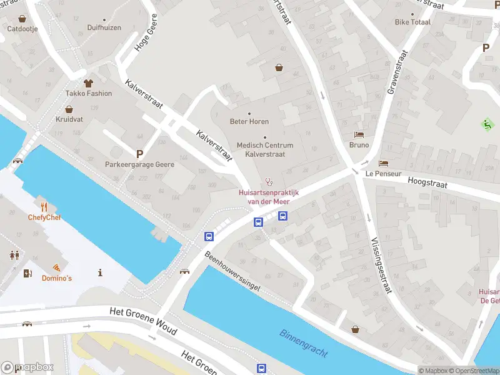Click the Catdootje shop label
pyautogui.click(x=23, y=29)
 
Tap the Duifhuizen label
pyautogui.click(x=104, y=28)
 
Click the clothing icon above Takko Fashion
pyautogui.click(x=89, y=82)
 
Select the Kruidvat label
pyautogui.click(x=69, y=119)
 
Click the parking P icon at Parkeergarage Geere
pyautogui.click(x=139, y=153)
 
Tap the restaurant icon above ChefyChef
pyautogui.click(x=43, y=206)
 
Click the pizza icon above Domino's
pyautogui.click(x=56, y=267)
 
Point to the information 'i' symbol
pyautogui.click(x=101, y=272)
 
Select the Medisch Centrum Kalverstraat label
pyautogui.click(x=265, y=149)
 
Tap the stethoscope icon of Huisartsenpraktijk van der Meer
pyautogui.click(x=269, y=182)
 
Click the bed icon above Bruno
pyautogui.click(x=359, y=134)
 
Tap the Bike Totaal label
pyautogui.click(x=412, y=22)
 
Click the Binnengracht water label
pyautogui.click(x=304, y=343)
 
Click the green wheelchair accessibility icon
pyautogui.click(x=487, y=124)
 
